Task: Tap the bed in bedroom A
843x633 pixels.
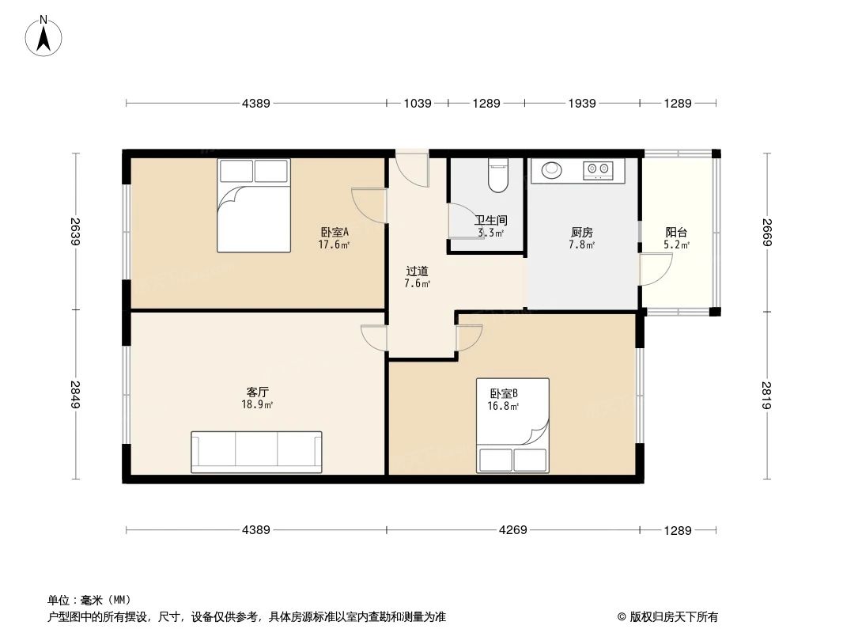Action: [x=253, y=205]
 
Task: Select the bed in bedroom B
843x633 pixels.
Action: [x=512, y=426]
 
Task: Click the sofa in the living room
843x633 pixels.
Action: [x=256, y=452]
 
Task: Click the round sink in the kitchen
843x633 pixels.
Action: [x=552, y=169]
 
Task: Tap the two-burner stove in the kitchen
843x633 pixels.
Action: [x=598, y=169]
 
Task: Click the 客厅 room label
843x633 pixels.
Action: [x=258, y=392]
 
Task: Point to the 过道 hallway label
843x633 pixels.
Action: [x=417, y=271]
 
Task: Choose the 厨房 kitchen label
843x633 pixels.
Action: [x=581, y=233]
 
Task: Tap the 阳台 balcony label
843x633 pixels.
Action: [x=676, y=233]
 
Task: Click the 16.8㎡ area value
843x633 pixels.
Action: [x=503, y=407]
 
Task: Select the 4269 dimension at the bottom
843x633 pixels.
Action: [x=512, y=530]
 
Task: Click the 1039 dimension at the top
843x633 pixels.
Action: [x=417, y=103]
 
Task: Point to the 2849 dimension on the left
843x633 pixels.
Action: [x=76, y=394]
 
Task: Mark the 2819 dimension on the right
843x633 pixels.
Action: [x=766, y=394]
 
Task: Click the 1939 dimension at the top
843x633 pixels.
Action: [x=581, y=103]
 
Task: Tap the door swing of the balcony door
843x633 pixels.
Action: [x=656, y=271]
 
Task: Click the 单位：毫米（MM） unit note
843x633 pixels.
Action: [x=89, y=600]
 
